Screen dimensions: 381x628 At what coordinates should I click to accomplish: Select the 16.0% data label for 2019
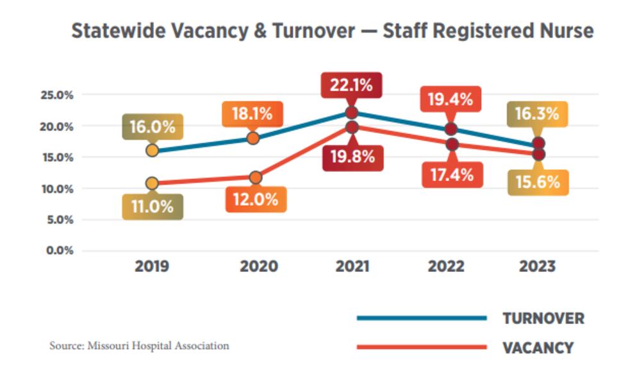153,126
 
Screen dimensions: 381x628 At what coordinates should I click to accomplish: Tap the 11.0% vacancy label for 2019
153,207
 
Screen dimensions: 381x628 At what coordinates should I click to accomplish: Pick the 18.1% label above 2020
252,114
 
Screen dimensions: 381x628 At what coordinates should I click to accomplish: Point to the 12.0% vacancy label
256,199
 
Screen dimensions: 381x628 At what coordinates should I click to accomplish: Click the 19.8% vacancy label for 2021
352,157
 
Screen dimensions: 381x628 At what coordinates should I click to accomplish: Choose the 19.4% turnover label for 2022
450,99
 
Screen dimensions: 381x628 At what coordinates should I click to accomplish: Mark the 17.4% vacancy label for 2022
452,174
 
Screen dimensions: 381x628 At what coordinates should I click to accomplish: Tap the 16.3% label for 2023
537,114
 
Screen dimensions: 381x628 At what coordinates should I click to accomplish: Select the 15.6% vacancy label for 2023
537,182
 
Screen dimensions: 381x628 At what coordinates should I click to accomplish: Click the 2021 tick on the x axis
352,266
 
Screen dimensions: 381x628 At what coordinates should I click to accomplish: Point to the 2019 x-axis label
152,266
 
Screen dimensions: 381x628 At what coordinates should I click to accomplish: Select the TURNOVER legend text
543,319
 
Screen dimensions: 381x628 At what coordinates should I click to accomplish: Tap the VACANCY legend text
538,348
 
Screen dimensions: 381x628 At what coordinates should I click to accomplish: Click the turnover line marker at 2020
253,139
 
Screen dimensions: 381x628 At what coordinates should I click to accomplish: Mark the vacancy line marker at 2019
152,183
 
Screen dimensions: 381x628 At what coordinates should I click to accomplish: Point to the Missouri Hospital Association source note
139,346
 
